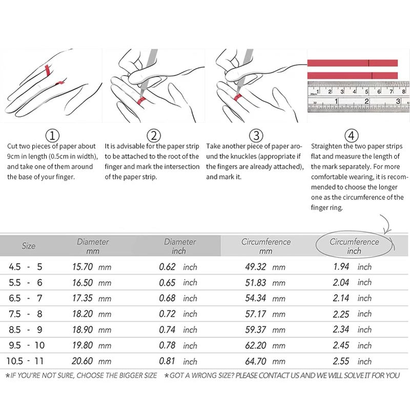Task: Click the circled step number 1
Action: coord(52,135)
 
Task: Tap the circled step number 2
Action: coord(154,135)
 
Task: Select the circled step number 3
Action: coord(256,135)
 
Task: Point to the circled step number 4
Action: coord(352,135)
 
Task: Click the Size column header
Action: coord(29,246)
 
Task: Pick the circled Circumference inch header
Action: coord(354,246)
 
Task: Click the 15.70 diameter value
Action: coord(83,266)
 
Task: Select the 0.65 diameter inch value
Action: coord(167,282)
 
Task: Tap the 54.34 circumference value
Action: coord(255,298)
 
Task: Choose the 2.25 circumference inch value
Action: coord(341,314)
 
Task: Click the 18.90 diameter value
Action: coord(83,330)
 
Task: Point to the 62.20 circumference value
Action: coord(255,345)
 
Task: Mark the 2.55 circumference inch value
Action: coord(341,361)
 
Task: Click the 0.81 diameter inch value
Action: coord(167,361)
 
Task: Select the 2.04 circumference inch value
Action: coord(341,282)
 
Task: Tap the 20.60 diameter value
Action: coord(82,361)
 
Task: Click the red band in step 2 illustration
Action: coord(141,100)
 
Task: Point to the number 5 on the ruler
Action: coord(366,92)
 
